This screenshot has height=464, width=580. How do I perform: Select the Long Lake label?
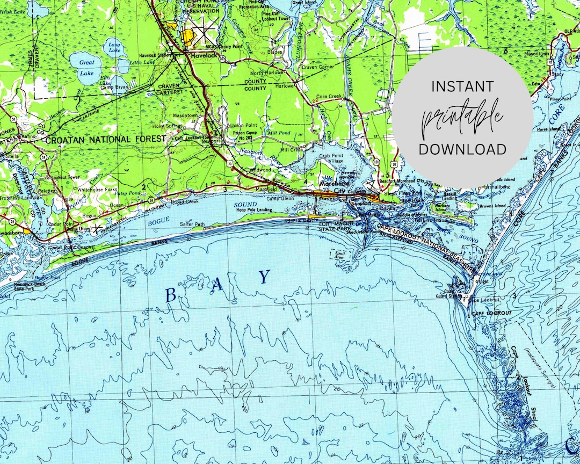114,48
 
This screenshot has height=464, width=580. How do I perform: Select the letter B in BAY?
170,295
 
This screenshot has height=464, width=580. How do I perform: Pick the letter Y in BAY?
264,277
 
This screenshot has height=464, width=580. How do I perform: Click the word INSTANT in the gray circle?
462,86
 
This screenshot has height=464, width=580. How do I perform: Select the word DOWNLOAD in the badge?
462,149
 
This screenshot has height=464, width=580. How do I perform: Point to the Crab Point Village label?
331,158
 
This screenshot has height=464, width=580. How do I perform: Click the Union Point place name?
240,126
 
